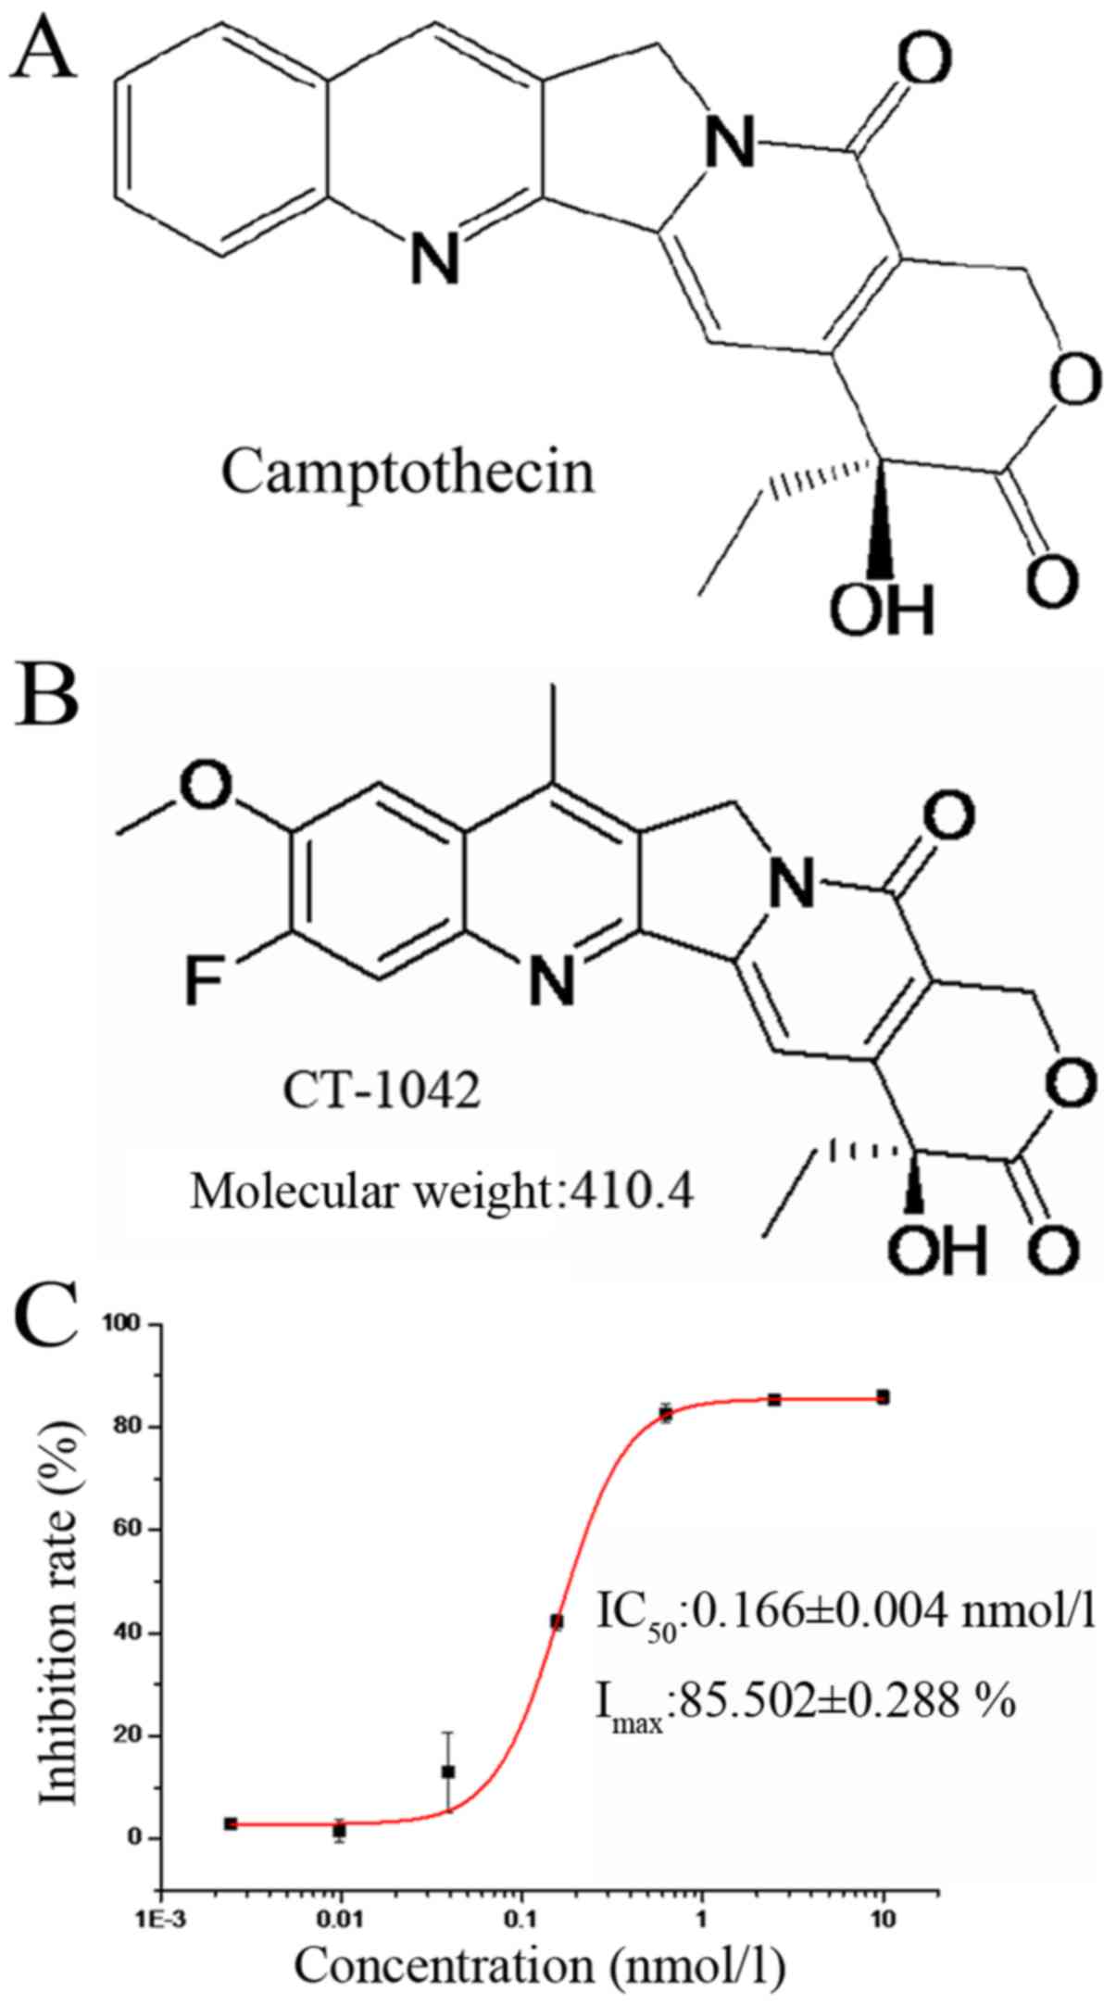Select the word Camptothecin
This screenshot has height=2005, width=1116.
[408, 474]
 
